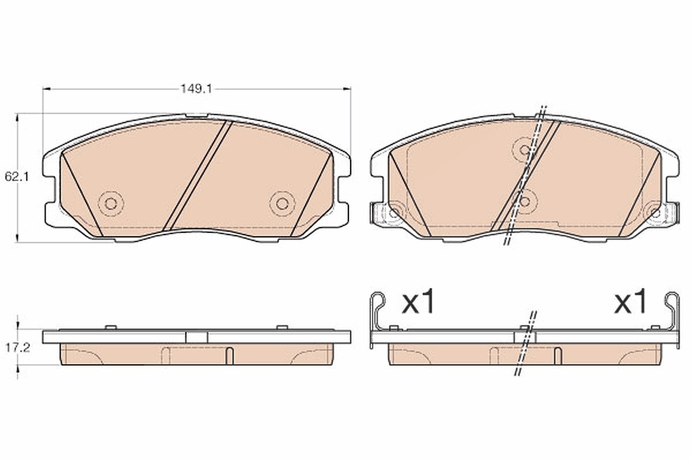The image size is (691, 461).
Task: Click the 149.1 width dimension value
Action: (196, 89)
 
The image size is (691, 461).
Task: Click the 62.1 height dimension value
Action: (17, 177)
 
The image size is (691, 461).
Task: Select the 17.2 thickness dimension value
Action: (17, 348)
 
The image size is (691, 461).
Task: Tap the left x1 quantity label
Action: (418, 302)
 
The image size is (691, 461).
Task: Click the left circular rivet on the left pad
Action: (111, 203)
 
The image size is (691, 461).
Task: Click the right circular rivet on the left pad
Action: (282, 203)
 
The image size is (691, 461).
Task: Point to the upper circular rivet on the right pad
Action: (525, 150)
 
